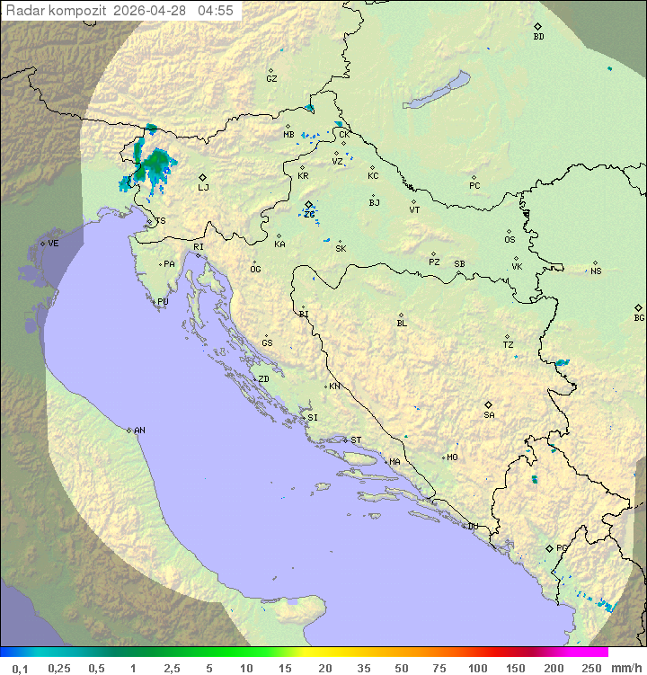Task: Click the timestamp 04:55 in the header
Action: pos(216,11)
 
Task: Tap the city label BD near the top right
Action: pos(538,37)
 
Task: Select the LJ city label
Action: pos(203,187)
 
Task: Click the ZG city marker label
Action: pos(308,214)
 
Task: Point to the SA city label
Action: pos(489,414)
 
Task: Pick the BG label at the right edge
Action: pos(639,317)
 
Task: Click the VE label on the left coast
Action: pos(53,244)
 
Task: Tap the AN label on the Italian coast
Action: pos(139,431)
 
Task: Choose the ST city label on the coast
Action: pos(356,440)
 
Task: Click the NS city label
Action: pos(596,271)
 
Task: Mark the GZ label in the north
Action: pos(271,78)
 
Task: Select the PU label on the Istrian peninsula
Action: pos(163,302)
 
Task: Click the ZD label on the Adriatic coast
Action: pos(263,379)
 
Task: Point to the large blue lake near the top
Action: pos(438,91)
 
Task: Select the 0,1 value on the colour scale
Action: pos(20,668)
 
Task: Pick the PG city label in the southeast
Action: pos(563,547)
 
